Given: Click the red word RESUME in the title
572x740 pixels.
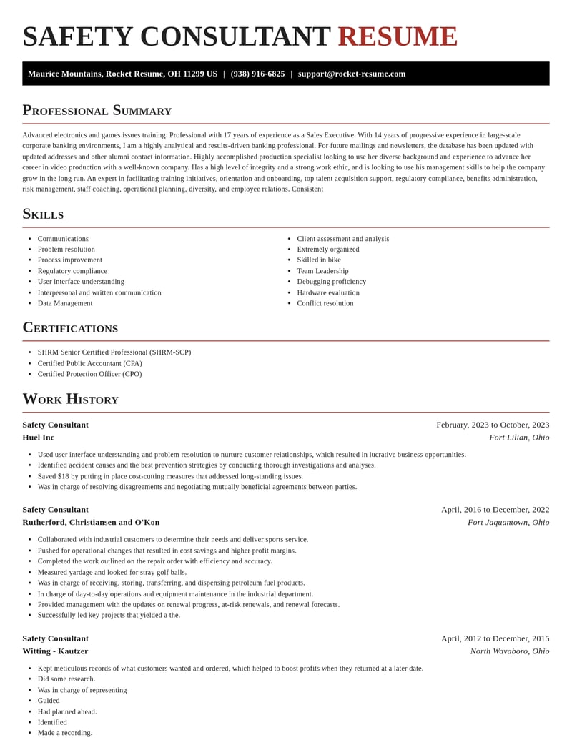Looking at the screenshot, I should click(x=398, y=37).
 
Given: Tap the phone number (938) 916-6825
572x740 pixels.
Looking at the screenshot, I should click(x=257, y=74).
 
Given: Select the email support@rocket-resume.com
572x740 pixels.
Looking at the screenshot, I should click(x=352, y=74).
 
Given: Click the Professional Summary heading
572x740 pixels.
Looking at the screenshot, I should click(x=97, y=110).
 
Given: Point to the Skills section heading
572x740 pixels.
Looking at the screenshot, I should click(x=43, y=214).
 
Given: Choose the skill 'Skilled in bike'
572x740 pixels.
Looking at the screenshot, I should click(x=319, y=260).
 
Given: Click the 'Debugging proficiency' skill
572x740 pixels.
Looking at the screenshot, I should click(x=331, y=282).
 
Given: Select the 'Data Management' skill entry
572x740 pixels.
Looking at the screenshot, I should click(x=65, y=303).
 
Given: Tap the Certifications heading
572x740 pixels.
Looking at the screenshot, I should click(x=70, y=327).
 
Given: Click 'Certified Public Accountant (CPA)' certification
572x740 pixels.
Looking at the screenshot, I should click(x=90, y=363).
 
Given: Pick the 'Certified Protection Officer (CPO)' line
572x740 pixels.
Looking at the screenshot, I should click(x=90, y=374).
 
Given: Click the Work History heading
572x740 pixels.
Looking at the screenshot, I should click(x=70, y=399).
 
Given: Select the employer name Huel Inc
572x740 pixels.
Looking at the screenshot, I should click(x=39, y=438).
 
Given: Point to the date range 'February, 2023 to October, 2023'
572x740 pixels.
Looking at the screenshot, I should click(x=493, y=425).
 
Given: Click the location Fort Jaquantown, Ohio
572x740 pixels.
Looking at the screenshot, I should click(x=508, y=522).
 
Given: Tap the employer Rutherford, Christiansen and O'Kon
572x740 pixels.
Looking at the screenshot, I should click(x=91, y=522).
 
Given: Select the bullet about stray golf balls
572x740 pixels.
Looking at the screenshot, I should click(x=112, y=572).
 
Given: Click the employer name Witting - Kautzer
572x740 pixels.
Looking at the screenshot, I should click(x=55, y=651).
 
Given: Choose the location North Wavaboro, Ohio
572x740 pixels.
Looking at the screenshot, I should click(x=510, y=651).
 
